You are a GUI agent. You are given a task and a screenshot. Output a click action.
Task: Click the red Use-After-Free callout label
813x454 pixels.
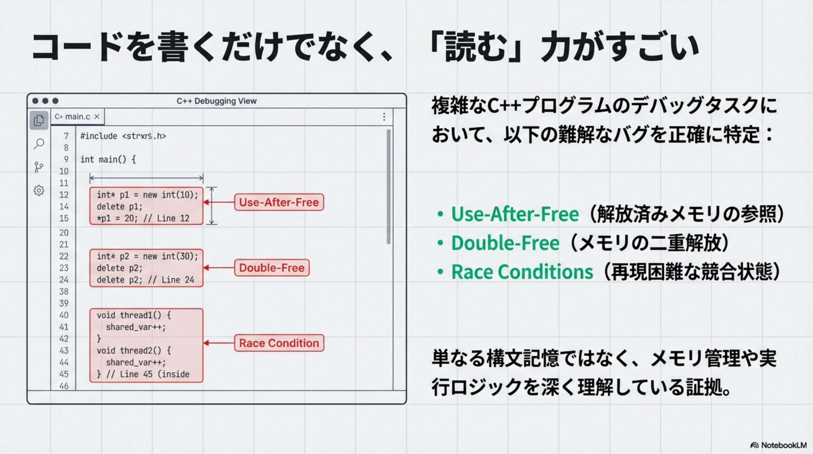(x=279, y=202)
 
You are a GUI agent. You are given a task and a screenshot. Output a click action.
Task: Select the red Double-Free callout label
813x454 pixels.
(x=272, y=268)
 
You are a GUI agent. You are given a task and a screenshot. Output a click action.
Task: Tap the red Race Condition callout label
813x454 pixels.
(x=279, y=343)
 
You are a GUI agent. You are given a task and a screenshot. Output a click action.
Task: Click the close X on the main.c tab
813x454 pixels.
(x=97, y=116)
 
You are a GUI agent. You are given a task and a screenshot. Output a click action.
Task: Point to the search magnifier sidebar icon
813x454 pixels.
(x=39, y=144)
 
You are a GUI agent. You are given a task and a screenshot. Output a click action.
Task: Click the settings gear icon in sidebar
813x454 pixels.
(x=39, y=190)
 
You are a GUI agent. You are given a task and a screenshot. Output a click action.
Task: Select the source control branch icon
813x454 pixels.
(x=39, y=167)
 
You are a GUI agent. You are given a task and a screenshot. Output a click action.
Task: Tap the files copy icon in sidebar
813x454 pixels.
(x=39, y=120)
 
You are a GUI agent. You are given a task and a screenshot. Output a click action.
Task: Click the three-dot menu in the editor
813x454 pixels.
(x=384, y=117)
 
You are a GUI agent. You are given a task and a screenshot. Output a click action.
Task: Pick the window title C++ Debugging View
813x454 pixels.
(x=217, y=101)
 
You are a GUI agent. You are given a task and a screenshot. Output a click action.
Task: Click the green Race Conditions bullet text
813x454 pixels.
(x=522, y=272)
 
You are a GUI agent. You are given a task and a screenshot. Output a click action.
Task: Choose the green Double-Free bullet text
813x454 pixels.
(x=505, y=243)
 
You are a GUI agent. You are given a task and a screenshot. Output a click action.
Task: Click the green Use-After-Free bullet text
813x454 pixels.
(x=515, y=214)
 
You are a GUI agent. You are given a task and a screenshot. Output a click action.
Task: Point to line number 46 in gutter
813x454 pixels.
(x=64, y=386)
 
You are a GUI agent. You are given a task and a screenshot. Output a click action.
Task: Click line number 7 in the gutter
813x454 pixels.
(x=66, y=136)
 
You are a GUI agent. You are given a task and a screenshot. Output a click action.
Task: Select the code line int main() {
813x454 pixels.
(x=108, y=159)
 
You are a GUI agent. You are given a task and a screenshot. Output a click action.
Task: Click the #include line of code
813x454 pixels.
(x=123, y=136)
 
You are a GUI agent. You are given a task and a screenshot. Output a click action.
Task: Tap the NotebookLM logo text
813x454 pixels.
(x=784, y=445)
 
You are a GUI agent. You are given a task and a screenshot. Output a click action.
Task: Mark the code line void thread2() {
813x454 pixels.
(x=134, y=351)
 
